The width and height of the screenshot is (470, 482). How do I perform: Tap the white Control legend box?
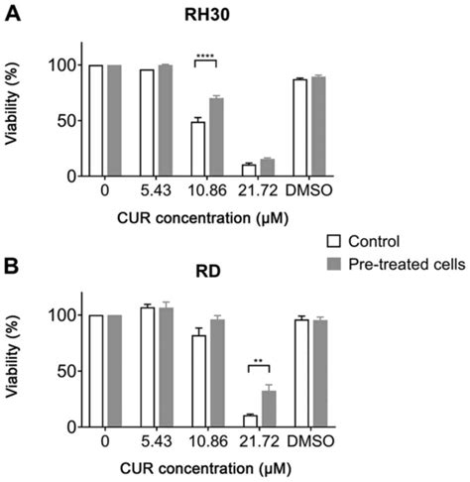coord(334,240)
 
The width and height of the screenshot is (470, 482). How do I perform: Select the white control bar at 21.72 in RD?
coord(249,421)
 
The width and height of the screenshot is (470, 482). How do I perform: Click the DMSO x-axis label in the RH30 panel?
coord(309,190)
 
